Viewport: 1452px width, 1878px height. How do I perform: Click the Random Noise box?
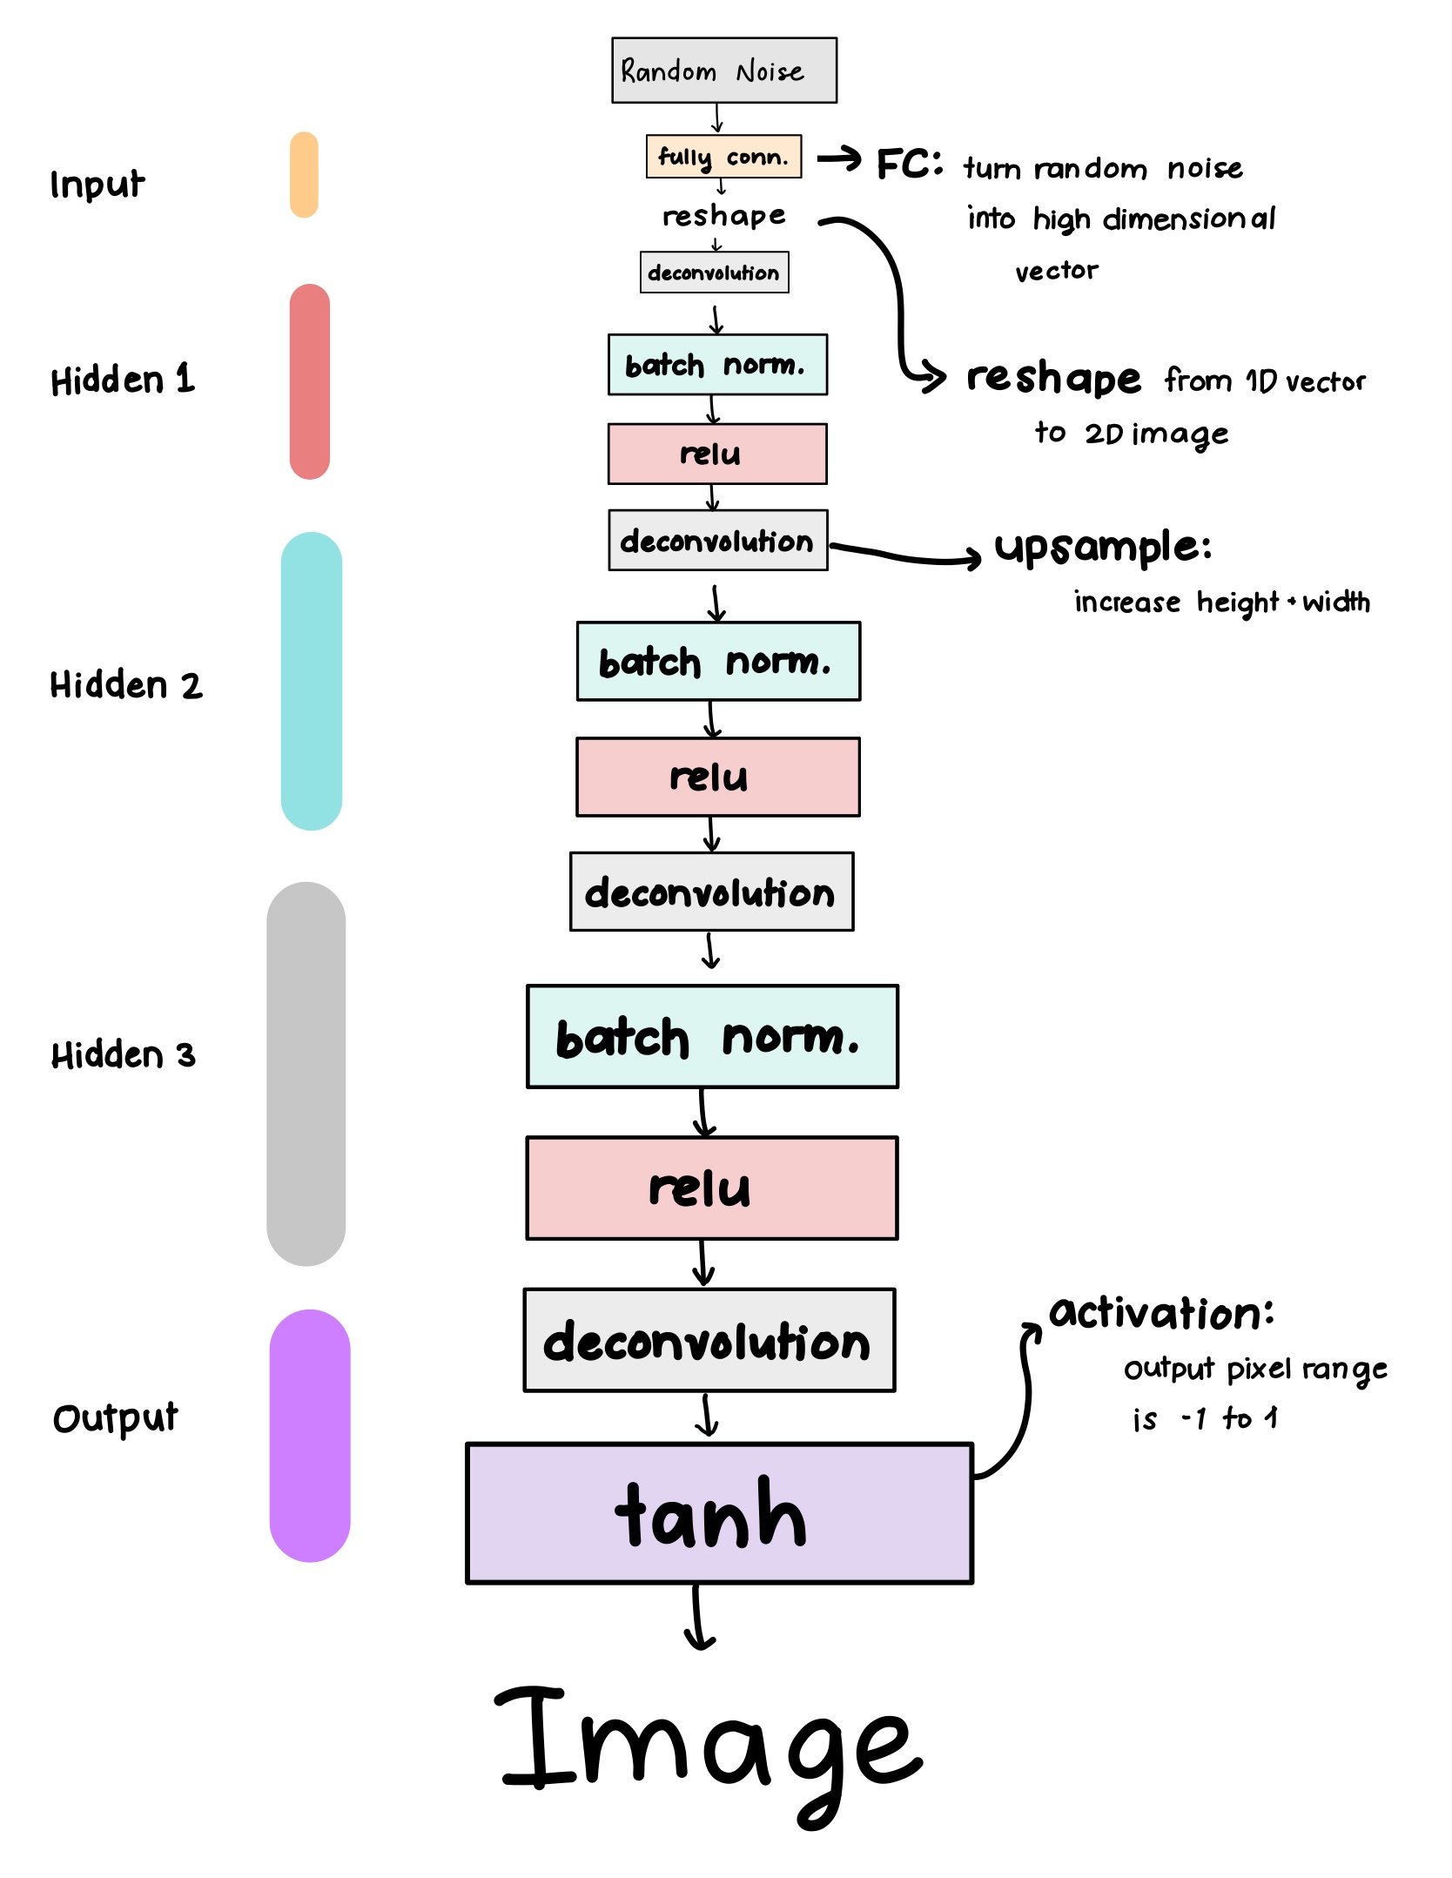(x=723, y=71)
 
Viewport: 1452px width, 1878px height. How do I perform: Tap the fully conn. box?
(x=723, y=157)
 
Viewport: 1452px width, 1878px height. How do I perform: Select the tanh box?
(x=719, y=1513)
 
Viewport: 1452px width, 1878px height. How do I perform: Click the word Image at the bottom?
(x=709, y=1750)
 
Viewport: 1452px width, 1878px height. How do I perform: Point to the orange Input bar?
(x=304, y=175)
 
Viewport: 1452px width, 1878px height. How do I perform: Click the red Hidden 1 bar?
(x=309, y=381)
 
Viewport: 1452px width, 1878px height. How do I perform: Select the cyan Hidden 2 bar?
(x=311, y=681)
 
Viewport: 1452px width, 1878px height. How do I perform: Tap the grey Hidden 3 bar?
(x=306, y=1074)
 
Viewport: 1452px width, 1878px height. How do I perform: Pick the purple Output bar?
(x=309, y=1435)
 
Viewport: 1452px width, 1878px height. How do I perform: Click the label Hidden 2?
(x=125, y=685)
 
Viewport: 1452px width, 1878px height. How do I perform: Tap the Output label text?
(x=115, y=1418)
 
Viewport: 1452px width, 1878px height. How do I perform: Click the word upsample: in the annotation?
(x=1102, y=549)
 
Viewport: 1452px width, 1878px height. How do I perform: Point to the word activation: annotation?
(x=1161, y=1313)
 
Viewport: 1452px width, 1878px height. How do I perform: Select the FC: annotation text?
(x=909, y=164)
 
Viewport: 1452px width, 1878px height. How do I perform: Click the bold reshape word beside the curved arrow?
(x=1053, y=379)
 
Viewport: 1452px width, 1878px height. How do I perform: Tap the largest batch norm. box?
(x=712, y=1037)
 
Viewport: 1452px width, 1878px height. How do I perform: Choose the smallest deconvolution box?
(x=714, y=273)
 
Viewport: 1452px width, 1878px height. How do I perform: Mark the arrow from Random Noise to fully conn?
(x=717, y=118)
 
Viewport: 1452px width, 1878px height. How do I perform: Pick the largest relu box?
(x=711, y=1188)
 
